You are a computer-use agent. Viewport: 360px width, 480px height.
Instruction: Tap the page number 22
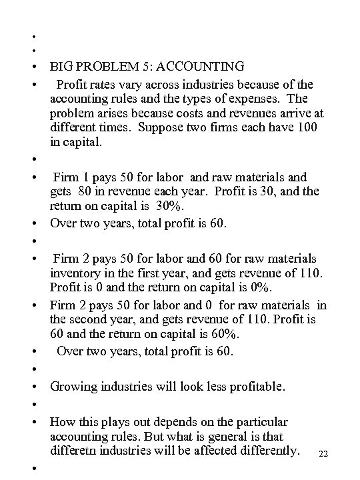pyautogui.click(x=324, y=453)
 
